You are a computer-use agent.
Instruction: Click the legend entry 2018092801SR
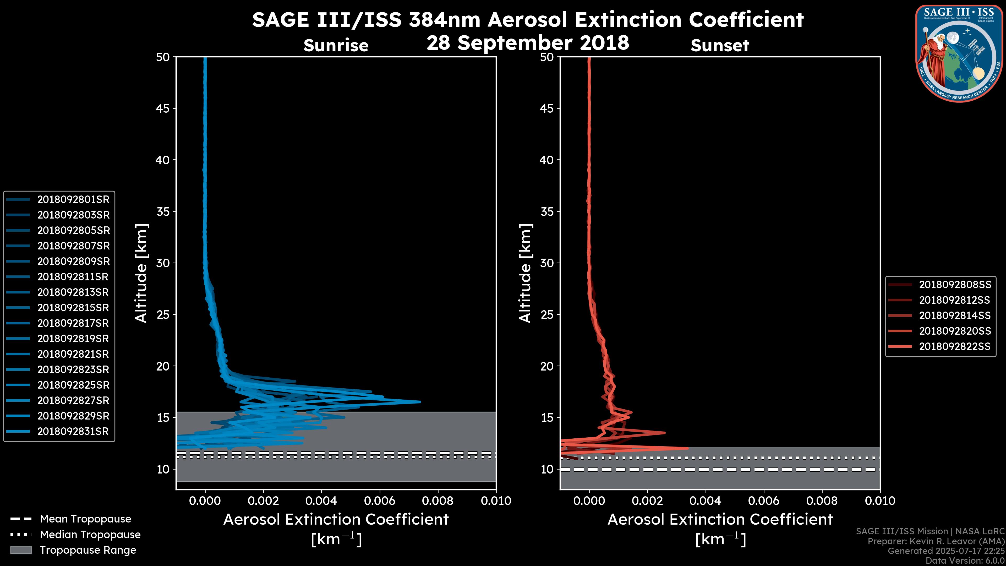pyautogui.click(x=73, y=200)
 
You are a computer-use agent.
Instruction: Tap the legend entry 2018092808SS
pyautogui.click(x=955, y=285)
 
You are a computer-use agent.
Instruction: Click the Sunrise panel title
pyautogui.click(x=336, y=45)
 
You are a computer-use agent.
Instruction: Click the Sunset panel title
pyautogui.click(x=720, y=45)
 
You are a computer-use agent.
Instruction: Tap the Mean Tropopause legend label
pyautogui.click(x=85, y=519)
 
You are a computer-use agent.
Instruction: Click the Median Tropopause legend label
pyautogui.click(x=90, y=535)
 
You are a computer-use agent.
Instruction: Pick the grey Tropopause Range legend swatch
pyautogui.click(x=21, y=550)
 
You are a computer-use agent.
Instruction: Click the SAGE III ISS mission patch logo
pyautogui.click(x=958, y=53)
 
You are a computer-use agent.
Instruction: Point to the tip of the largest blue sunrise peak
pyautogui.click(x=420, y=401)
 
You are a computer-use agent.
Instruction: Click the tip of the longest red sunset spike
pyautogui.click(x=688, y=448)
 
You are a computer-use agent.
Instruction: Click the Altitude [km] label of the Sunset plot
pyautogui.click(x=525, y=273)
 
